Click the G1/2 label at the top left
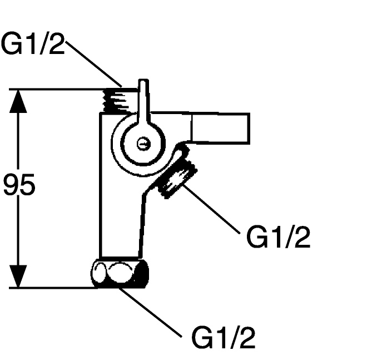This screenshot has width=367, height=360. [x=33, y=44]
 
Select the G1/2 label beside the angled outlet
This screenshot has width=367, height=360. [x=278, y=238]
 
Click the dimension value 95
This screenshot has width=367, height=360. [x=19, y=185]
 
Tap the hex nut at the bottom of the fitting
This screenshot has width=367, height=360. [x=120, y=273]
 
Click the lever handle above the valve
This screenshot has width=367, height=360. [x=143, y=103]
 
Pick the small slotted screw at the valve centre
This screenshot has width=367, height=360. [x=143, y=144]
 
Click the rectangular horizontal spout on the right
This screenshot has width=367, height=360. [x=220, y=127]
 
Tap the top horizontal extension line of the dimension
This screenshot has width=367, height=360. [x=56, y=89]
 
